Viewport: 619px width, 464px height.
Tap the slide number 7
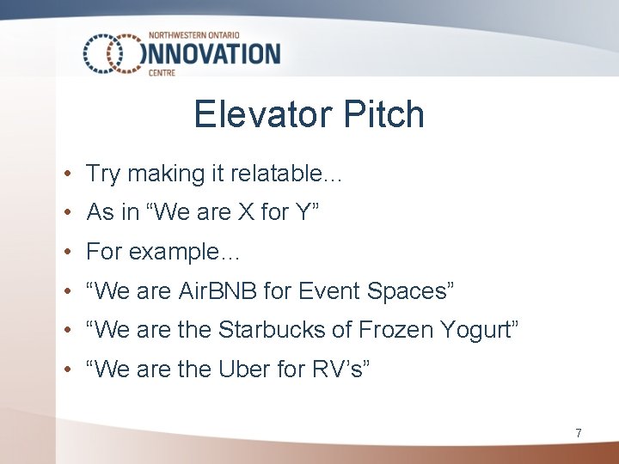click(x=578, y=434)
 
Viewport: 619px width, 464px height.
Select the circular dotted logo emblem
click(x=112, y=53)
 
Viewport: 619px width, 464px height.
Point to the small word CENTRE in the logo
click(x=162, y=74)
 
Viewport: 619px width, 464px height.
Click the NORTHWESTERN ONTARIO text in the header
click(x=202, y=35)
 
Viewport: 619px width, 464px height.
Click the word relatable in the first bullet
click(x=287, y=174)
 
